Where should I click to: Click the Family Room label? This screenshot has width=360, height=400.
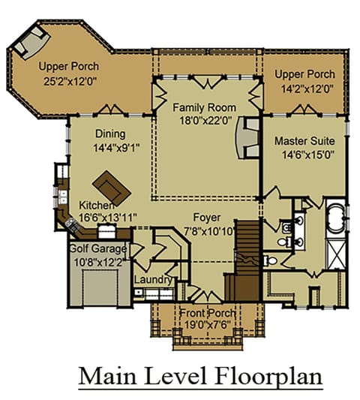[x=205, y=107]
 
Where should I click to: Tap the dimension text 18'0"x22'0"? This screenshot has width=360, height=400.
[x=205, y=120]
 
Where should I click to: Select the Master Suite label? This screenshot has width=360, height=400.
[x=304, y=141]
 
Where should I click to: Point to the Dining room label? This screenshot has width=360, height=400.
[x=110, y=134]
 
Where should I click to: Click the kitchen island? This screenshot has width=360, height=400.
[x=112, y=188]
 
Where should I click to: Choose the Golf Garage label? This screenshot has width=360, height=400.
[x=98, y=248]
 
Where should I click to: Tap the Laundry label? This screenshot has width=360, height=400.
[x=153, y=280]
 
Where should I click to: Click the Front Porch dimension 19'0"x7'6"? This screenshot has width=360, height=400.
[x=208, y=325]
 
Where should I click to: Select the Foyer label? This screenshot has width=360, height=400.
[x=207, y=218]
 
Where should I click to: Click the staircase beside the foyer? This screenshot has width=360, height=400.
[x=247, y=260]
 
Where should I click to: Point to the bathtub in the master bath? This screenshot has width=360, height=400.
[x=336, y=218]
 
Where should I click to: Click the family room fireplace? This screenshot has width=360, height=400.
[x=247, y=138]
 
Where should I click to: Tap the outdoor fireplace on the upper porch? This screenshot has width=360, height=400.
[x=31, y=43]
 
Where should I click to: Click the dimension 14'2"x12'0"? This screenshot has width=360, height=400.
[x=307, y=89]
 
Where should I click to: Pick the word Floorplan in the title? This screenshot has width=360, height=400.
[x=270, y=377]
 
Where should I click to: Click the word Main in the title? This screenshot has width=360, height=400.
[x=107, y=376]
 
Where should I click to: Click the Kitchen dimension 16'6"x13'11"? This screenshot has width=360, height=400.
[x=108, y=218]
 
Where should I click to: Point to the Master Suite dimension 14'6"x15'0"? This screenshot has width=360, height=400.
[x=308, y=155]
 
